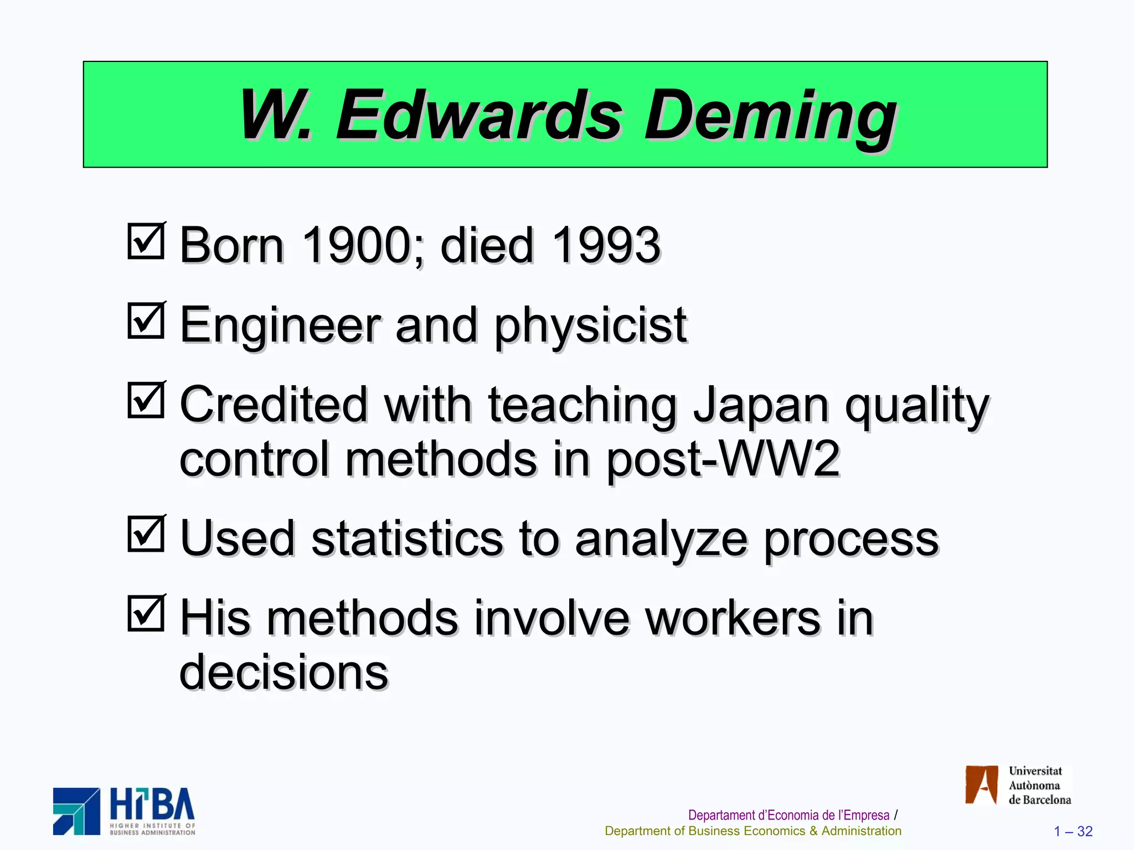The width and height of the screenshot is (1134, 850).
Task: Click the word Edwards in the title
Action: (x=479, y=116)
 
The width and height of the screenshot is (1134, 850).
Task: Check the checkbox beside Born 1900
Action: (x=146, y=241)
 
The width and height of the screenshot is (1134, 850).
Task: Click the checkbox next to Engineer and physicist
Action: (x=146, y=321)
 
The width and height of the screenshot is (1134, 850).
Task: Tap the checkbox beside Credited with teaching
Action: (x=146, y=401)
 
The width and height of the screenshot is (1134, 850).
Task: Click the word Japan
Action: (x=761, y=405)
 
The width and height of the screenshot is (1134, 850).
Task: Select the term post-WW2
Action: (x=723, y=459)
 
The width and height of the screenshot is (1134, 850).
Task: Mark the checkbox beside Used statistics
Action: (x=146, y=535)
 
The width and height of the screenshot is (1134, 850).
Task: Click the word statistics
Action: (x=408, y=539)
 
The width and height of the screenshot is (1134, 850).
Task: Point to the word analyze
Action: (x=661, y=540)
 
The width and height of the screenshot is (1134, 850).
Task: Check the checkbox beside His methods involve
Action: (x=146, y=614)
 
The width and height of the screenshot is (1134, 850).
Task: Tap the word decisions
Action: (x=284, y=672)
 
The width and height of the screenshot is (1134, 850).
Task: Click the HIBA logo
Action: (x=124, y=811)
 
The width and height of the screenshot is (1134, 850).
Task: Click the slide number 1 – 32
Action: (x=1073, y=831)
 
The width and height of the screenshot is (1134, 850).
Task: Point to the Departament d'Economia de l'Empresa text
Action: (x=788, y=815)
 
